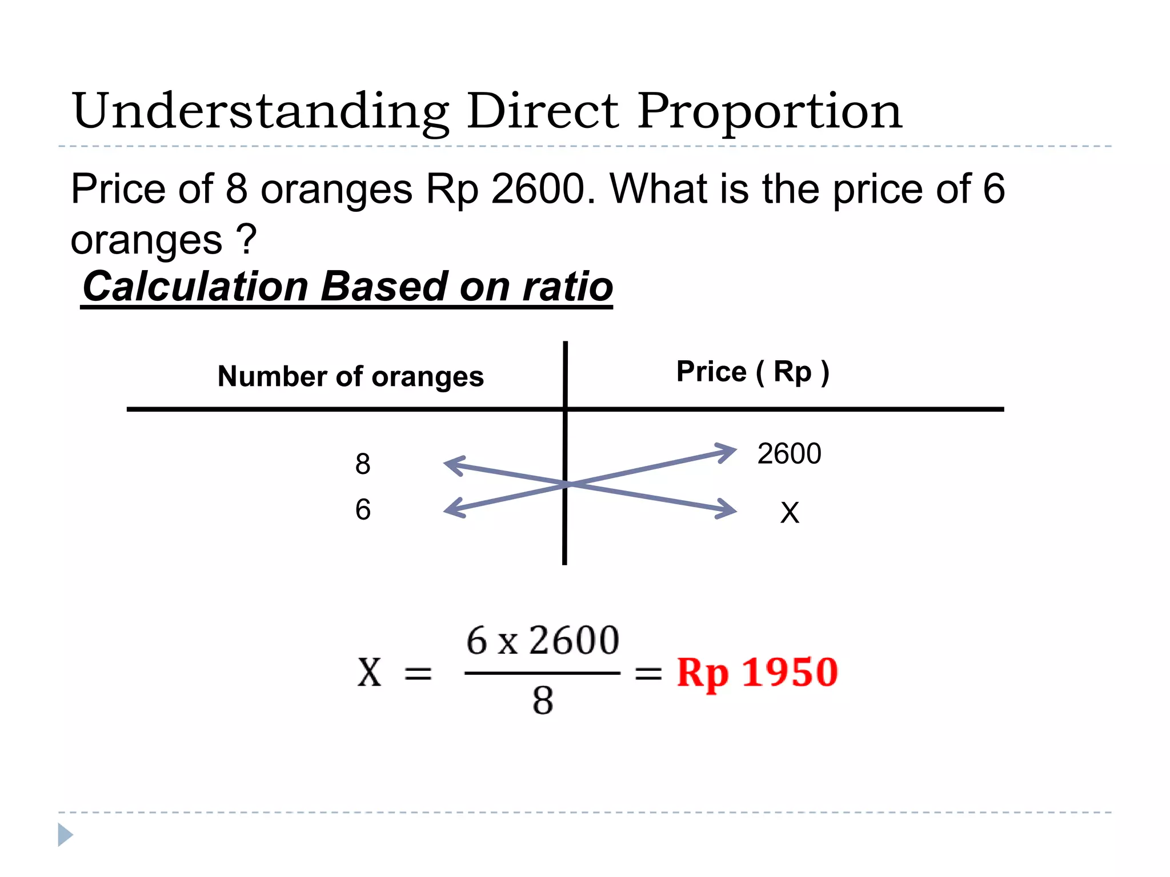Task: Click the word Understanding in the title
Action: (x=261, y=112)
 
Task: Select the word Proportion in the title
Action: (x=770, y=112)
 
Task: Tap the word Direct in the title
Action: (x=542, y=111)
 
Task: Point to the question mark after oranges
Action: (x=247, y=240)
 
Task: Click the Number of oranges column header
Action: (x=351, y=377)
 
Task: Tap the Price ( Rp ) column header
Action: (x=752, y=372)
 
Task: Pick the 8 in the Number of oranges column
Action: (x=363, y=464)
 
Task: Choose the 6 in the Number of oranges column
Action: (x=363, y=509)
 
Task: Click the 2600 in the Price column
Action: (x=789, y=454)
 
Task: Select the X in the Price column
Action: (x=790, y=513)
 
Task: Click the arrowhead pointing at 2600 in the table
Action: (x=727, y=452)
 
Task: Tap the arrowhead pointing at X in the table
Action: (x=727, y=509)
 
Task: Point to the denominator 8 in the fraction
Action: (x=543, y=701)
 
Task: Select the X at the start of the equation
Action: (x=369, y=673)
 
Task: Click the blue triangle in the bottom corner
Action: (x=65, y=835)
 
